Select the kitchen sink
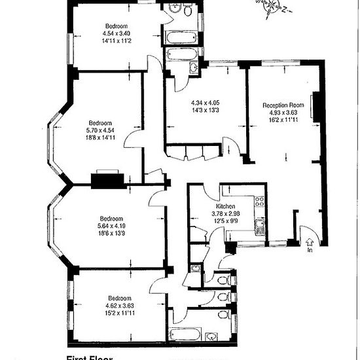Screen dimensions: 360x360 [x=260, y=227]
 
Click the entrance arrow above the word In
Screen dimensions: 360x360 [x=310, y=240]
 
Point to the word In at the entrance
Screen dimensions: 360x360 [x=310, y=249]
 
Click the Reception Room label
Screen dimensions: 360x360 [x=283, y=105]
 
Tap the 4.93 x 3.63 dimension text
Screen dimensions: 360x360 [x=283, y=112]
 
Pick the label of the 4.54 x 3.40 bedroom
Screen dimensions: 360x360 [x=117, y=26]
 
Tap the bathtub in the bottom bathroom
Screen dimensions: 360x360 [x=193, y=319]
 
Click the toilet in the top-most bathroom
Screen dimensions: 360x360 [x=187, y=11]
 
